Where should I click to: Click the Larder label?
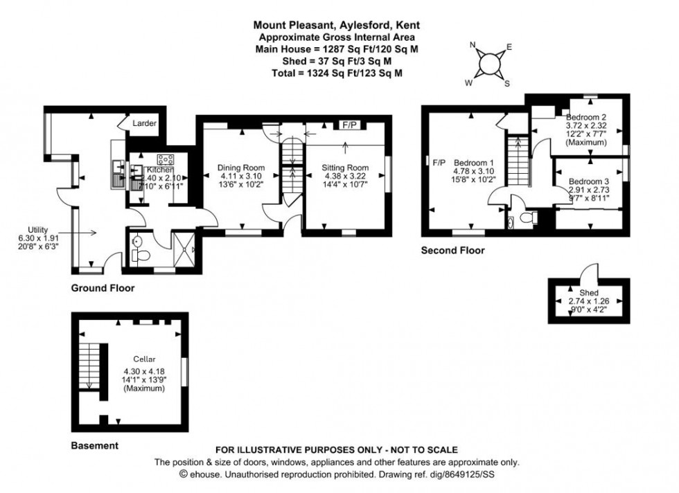click(x=145, y=124)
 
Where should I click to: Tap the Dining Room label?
click(x=241, y=168)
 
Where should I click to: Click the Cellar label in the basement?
click(x=145, y=359)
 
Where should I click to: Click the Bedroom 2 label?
click(x=586, y=117)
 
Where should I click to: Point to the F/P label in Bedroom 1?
click(x=439, y=163)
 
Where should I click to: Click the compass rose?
click(x=489, y=64)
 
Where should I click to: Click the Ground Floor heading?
click(x=103, y=287)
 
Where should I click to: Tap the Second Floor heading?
click(x=453, y=251)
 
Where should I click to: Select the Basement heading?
click(x=95, y=445)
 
